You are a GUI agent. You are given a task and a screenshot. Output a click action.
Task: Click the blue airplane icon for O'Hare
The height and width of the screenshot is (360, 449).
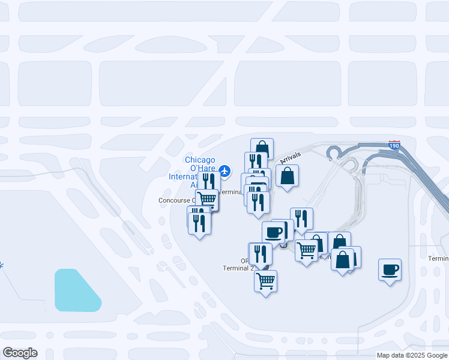pos(225,172)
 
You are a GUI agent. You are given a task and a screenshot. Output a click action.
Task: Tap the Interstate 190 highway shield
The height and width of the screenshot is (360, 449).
pos(394,146)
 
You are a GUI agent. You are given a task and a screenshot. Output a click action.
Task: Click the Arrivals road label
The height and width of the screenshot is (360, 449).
pos(291,158)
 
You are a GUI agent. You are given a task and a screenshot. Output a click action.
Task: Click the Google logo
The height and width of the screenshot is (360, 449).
pos(20,353)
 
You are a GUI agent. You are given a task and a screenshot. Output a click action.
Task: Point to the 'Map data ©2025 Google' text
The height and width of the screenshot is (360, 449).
pos(412,355)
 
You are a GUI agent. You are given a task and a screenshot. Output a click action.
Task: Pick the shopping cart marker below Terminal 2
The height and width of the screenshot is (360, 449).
pos(265,280)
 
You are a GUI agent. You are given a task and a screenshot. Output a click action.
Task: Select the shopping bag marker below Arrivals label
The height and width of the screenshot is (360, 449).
pos(288,176)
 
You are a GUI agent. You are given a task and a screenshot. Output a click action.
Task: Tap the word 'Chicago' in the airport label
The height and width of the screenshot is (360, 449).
pos(200,160)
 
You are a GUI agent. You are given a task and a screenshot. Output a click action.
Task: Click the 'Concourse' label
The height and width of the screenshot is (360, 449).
pos(173,200)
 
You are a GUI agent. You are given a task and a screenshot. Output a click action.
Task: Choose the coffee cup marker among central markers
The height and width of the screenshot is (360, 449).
pos(274,232)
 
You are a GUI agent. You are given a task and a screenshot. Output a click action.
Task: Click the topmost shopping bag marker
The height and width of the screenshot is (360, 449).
pos(262,148)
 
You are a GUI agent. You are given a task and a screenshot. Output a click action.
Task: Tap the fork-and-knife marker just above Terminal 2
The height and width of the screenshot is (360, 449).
pos(260,253)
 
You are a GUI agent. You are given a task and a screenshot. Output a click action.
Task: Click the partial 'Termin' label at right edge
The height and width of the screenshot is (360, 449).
pos(438,259)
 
